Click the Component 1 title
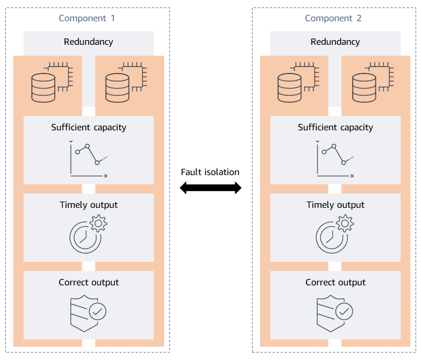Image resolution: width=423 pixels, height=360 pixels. coord(87,18)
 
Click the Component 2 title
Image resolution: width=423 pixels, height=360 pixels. coord(333,18)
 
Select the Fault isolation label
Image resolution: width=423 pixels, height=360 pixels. coord(210,172)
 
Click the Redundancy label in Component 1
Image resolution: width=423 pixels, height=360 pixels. coord(88,42)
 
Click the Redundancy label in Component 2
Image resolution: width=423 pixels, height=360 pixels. coord(335,42)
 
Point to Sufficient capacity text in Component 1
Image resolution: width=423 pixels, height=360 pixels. coord(88,127)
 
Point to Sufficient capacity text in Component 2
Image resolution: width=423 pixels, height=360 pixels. coord(335,127)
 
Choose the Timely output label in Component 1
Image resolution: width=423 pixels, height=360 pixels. coord(88,205)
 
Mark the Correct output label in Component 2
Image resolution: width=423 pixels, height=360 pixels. coord(335,282)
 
